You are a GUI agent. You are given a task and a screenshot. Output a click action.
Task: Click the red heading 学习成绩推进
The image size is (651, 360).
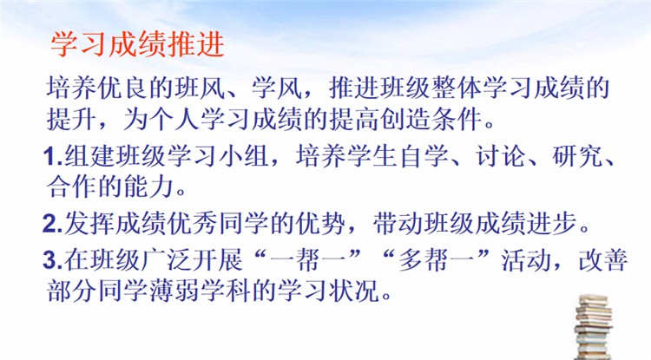pyautogui.click(x=137, y=44)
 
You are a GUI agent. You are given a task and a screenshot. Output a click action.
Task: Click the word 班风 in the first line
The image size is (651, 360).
pyautogui.click(x=201, y=88)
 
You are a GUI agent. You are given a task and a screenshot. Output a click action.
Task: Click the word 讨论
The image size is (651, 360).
pyautogui.click(x=500, y=157)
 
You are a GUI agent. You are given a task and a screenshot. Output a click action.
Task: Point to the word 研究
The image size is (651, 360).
pyautogui.click(x=577, y=157)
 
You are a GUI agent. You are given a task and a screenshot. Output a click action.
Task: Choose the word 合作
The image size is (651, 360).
pyautogui.click(x=71, y=187)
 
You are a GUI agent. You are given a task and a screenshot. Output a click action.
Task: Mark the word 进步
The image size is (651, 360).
pyautogui.click(x=551, y=224)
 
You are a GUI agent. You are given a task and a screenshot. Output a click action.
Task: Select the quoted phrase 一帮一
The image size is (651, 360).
pyautogui.click(x=307, y=260)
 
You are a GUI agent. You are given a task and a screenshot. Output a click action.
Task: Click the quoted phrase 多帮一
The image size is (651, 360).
pyautogui.click(x=436, y=260)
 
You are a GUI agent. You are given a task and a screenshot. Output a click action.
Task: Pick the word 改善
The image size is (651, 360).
pyautogui.click(x=603, y=260)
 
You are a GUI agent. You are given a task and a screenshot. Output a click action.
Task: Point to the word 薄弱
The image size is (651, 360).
pyautogui.click(x=174, y=291)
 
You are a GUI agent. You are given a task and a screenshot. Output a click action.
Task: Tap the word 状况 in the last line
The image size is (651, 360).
pyautogui.click(x=354, y=291)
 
